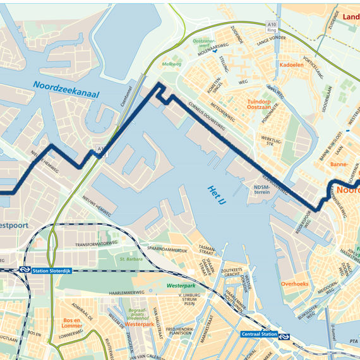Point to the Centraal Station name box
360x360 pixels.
pyautogui.click(x=260, y=334)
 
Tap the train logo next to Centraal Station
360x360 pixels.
pyautogui.click(x=285, y=336)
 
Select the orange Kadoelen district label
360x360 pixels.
pyautogui.click(x=291, y=64)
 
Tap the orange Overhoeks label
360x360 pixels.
pyautogui.click(x=294, y=284)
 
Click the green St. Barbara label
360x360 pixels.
pyautogui.click(x=131, y=258)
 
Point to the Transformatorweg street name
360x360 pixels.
pyautogui.click(x=97, y=243)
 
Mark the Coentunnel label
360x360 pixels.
pyautogui.click(x=124, y=95)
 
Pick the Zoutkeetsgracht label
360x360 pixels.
pyautogui.click(x=234, y=272)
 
